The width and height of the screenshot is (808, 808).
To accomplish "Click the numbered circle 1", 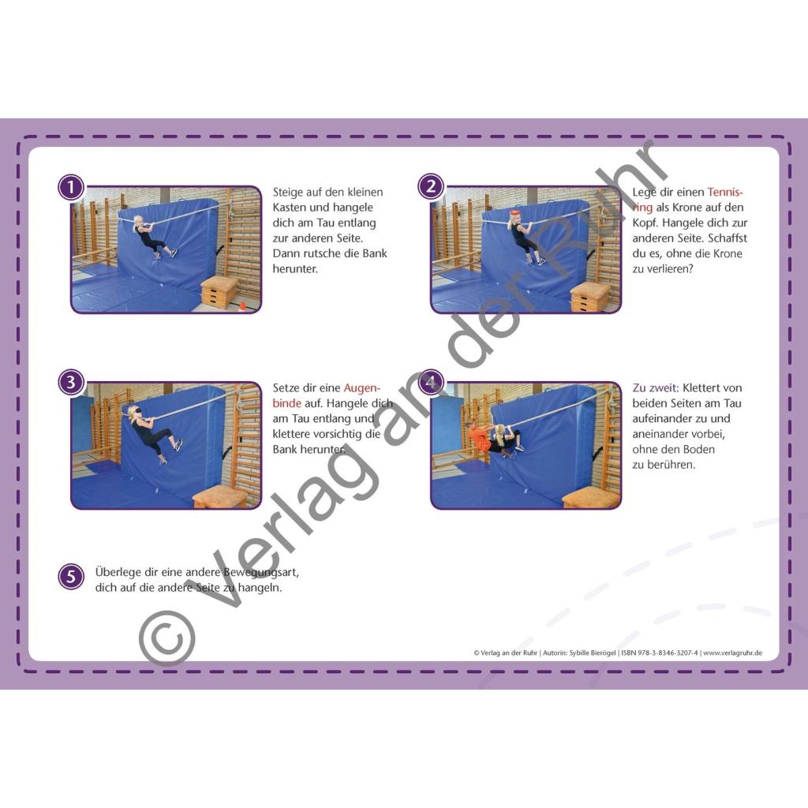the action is coord(71,187).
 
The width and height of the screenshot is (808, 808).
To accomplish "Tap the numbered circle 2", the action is coord(431,186).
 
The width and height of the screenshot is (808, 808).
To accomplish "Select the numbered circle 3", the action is coord(71,383).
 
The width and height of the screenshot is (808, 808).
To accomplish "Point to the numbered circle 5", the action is coord(71,577).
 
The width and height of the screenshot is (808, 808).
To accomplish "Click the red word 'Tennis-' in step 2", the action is coord(725,193).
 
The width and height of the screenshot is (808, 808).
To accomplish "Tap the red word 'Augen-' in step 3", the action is coord(361,387).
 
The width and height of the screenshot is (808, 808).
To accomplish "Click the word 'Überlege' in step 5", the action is coord(114,573).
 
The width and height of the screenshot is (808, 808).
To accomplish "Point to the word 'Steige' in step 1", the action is coord(289,193).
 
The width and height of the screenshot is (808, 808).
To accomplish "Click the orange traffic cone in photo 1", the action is coord(241,307).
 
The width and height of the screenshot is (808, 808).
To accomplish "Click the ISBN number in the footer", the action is coord(660,653).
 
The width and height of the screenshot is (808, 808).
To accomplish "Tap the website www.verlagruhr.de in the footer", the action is coord(733,653).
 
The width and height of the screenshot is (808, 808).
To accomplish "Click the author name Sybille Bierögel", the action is coord(593,653).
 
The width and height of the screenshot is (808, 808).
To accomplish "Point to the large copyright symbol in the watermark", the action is coord(167,639).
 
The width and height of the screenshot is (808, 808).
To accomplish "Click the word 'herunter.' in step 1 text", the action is coord(295,269).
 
